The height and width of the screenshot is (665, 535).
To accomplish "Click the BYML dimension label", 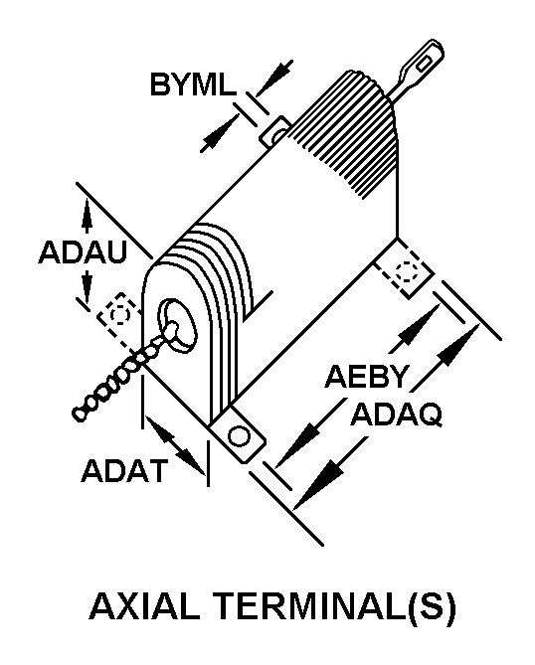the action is click(x=193, y=84).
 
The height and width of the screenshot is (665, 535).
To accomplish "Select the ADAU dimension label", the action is click(x=84, y=251).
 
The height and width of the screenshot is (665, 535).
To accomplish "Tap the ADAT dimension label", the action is click(x=124, y=471).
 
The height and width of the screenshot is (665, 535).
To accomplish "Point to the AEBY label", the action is click(x=367, y=376).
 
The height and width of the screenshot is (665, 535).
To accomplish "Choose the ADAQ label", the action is click(x=397, y=414).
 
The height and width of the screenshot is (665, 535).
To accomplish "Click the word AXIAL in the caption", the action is click(x=144, y=607).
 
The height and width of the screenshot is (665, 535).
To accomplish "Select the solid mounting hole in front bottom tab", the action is click(x=239, y=435).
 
